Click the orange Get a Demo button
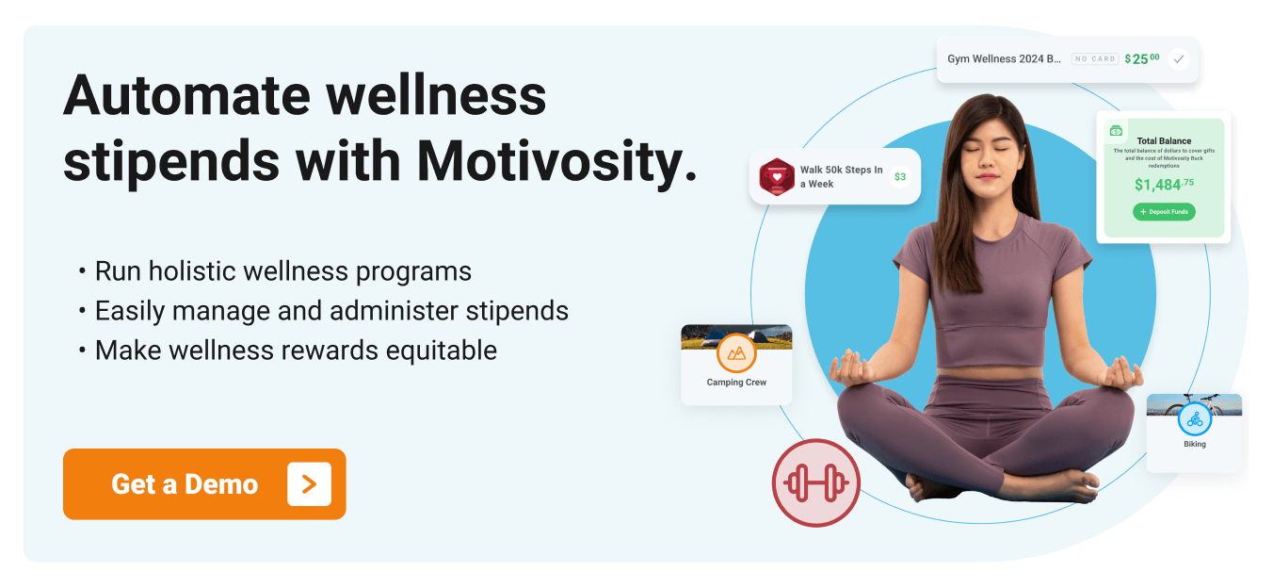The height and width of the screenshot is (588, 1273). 203,484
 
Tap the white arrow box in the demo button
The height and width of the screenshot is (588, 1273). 309,484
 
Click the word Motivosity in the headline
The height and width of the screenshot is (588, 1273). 556,162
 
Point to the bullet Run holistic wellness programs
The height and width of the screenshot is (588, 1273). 282,271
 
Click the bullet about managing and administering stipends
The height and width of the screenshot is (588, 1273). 331,310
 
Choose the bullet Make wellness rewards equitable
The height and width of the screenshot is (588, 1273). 296,350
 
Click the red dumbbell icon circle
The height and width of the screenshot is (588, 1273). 815,482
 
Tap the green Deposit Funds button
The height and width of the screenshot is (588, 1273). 1164,212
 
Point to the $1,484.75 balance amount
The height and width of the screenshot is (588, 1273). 1164,185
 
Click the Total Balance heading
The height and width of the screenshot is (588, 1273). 1164,141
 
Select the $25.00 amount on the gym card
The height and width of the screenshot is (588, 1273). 1142,58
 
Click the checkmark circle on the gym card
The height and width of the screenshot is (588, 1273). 1178,58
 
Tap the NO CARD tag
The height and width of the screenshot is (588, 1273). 1095,58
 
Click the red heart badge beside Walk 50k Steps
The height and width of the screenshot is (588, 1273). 777,176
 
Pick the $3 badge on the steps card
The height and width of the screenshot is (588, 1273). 900,176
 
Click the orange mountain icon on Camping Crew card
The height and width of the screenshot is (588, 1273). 736,353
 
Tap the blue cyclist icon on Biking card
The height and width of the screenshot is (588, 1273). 1194,418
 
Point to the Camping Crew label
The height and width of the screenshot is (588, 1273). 736,383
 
